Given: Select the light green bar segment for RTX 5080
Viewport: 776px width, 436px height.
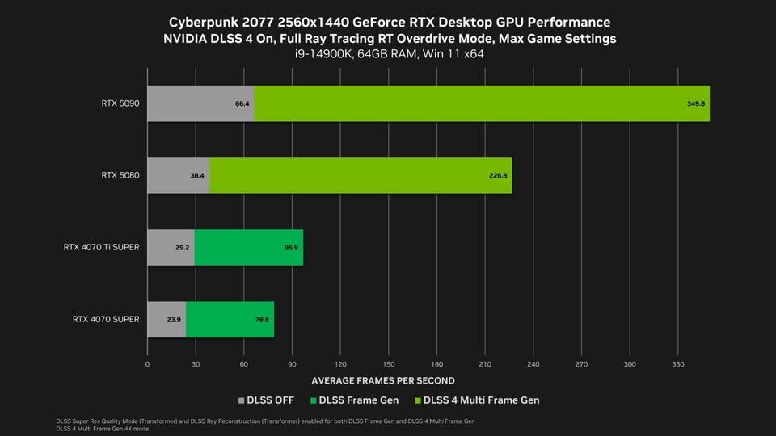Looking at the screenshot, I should tap(360, 175).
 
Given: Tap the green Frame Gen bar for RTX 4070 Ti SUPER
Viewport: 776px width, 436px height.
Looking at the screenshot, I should tap(249, 247).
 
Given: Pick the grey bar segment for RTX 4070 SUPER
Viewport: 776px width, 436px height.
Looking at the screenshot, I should tap(167, 319).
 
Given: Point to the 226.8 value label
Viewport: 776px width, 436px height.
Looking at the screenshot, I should tap(498, 176).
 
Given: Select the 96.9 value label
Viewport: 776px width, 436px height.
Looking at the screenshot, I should tap(291, 248).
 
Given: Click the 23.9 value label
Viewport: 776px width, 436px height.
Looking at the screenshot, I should tap(174, 320).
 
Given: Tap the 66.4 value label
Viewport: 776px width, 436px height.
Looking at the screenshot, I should tap(242, 104).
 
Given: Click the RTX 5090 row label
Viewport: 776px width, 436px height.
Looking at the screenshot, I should tap(120, 103).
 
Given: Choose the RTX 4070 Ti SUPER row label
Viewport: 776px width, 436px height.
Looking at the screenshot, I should tap(101, 247).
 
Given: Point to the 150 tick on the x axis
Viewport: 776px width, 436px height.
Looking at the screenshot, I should tap(389, 364).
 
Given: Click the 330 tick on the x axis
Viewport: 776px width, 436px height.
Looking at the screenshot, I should tap(678, 364).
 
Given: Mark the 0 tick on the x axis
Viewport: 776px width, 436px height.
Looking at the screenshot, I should tap(147, 364).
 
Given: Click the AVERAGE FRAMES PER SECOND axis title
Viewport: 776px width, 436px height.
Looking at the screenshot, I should tap(383, 380).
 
